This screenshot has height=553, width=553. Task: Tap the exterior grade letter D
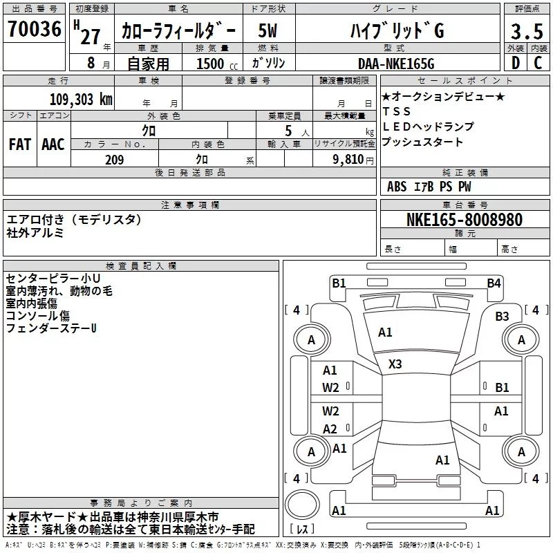pos(514,63)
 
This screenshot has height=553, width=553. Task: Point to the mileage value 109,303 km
pos(81,99)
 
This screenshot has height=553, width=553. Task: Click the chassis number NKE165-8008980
pos(464,220)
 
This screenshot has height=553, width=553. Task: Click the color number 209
pos(114,160)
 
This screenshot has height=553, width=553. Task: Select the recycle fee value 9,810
pos(348,160)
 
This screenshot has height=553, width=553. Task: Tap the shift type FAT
pos(19,144)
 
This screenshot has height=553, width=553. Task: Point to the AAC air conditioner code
pos(53,144)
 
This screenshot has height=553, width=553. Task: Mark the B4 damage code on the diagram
pos(494,283)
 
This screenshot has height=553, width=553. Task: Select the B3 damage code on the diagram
pos(502,317)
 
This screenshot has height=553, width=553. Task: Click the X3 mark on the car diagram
pos(395,364)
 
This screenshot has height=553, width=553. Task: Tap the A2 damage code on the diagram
pos(330,429)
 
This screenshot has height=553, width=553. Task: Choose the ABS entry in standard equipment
pos(397,187)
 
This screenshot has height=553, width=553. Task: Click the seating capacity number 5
pos(287,130)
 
